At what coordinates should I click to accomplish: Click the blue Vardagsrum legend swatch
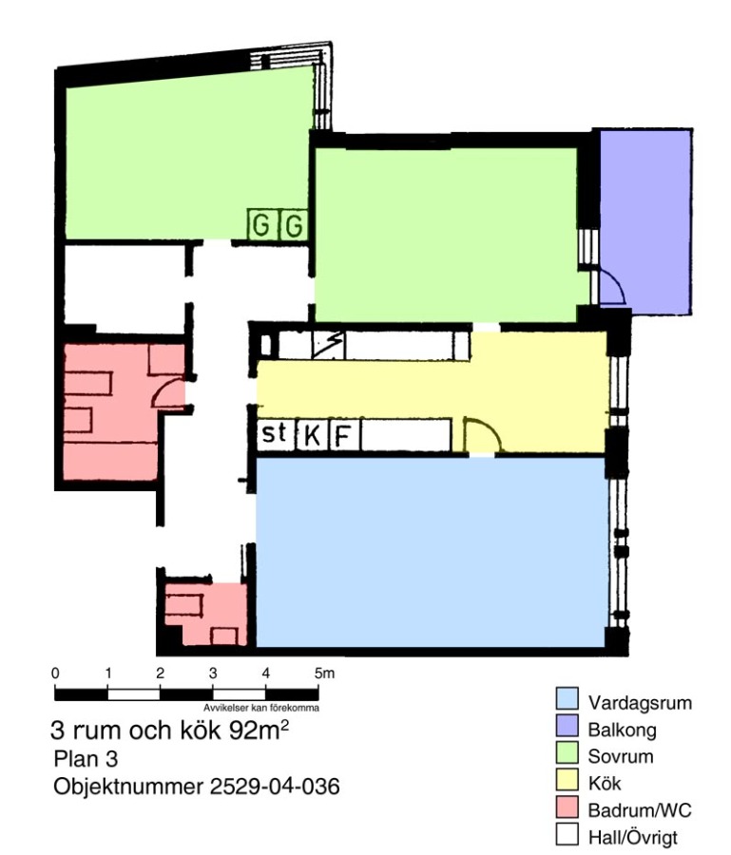[x=567, y=699]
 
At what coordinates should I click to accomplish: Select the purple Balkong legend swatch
[x=567, y=727]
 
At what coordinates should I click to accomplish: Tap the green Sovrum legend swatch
[x=567, y=753]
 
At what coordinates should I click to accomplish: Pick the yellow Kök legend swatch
[x=567, y=780]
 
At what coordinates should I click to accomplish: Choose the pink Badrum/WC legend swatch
[x=567, y=807]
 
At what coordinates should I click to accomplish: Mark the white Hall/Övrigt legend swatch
[x=567, y=834]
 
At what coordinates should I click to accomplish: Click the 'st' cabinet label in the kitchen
[x=275, y=433]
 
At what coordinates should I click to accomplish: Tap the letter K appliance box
[x=312, y=435]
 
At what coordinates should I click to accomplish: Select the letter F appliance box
[x=344, y=435]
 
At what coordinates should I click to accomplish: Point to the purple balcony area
[x=645, y=221]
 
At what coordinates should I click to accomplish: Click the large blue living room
[x=431, y=552]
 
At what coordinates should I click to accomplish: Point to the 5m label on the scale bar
[x=324, y=674]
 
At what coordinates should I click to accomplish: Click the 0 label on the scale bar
[x=55, y=674]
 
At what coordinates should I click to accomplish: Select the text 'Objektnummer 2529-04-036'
[x=197, y=787]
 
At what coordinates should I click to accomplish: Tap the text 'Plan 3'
[x=86, y=758]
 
